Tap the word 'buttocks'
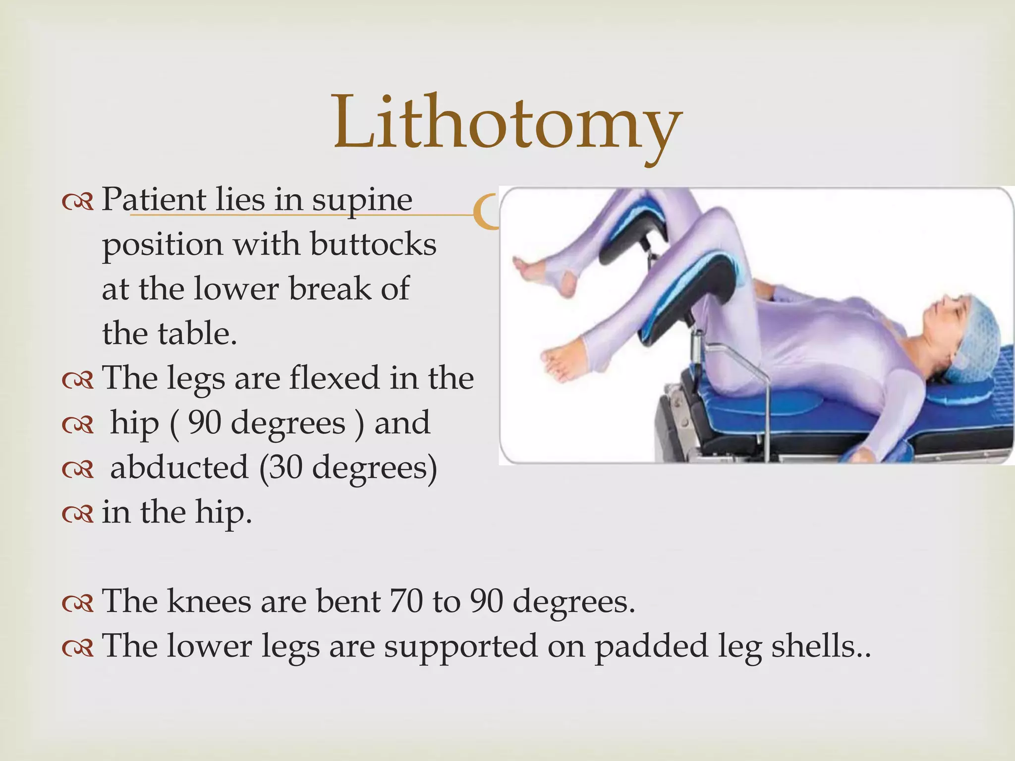coord(373,245)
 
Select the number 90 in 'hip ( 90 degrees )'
coord(204,424)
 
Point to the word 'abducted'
coord(179,468)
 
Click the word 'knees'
coord(209,601)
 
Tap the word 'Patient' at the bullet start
coord(153,200)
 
